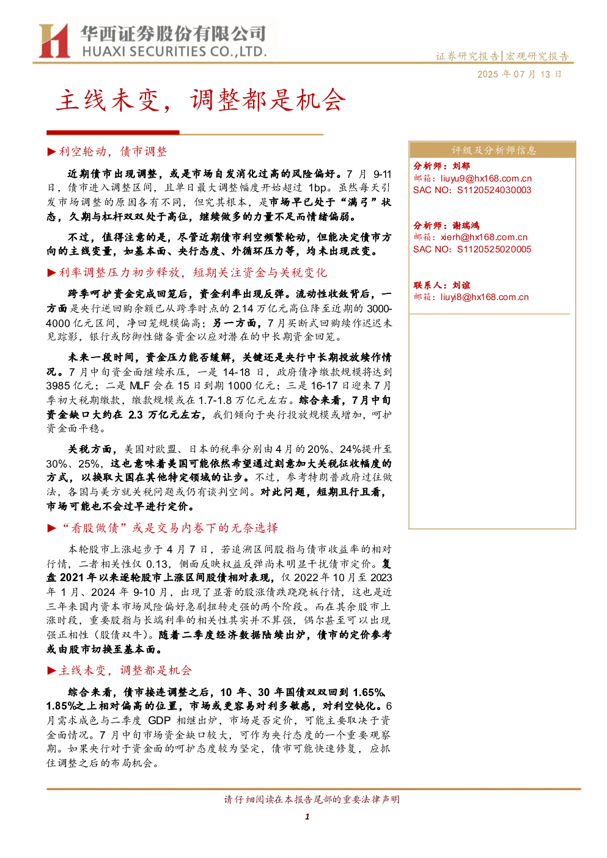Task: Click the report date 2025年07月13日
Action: pos(519,75)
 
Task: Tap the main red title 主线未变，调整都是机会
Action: pos(201,100)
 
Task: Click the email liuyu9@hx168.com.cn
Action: pos(486,178)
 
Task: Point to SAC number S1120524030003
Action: pos(494,191)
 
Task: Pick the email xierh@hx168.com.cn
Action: pos(484,238)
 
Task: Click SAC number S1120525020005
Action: pos(494,249)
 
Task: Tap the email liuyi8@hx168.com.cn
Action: pos(484,297)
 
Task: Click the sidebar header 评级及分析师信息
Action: pos(493,150)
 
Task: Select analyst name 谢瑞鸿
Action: pos(466,226)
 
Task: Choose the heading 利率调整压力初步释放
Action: pos(119,273)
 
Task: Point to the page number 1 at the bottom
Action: pos(307,816)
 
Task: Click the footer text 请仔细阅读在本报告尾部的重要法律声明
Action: pos(312,799)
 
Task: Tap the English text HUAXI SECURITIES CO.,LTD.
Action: pos(174,51)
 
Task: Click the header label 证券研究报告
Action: pos(467,56)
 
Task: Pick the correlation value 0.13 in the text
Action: pos(157,563)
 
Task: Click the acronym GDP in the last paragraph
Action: pos(159,721)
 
